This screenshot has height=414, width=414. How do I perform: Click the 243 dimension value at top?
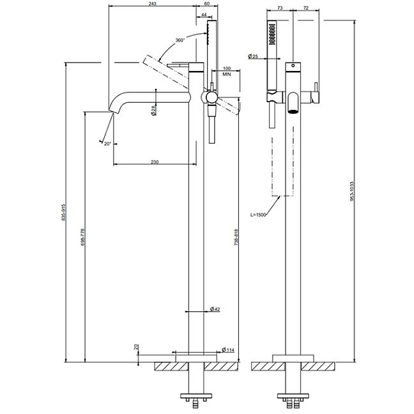click(x=153, y=3)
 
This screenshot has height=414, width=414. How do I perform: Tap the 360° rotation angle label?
click(x=180, y=40)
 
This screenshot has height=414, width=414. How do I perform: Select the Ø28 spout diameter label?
click(x=154, y=110)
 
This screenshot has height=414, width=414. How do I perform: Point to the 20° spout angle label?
click(x=107, y=144)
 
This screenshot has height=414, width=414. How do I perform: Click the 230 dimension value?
click(x=155, y=162)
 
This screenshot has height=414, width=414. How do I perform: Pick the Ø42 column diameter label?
click(x=215, y=309)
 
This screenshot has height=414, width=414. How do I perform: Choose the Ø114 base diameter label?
click(x=228, y=350)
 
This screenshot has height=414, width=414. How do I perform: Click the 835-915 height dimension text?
click(x=63, y=212)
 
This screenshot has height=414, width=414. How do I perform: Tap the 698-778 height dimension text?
click(x=82, y=237)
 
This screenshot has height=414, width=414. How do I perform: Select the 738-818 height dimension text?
click(x=236, y=238)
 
